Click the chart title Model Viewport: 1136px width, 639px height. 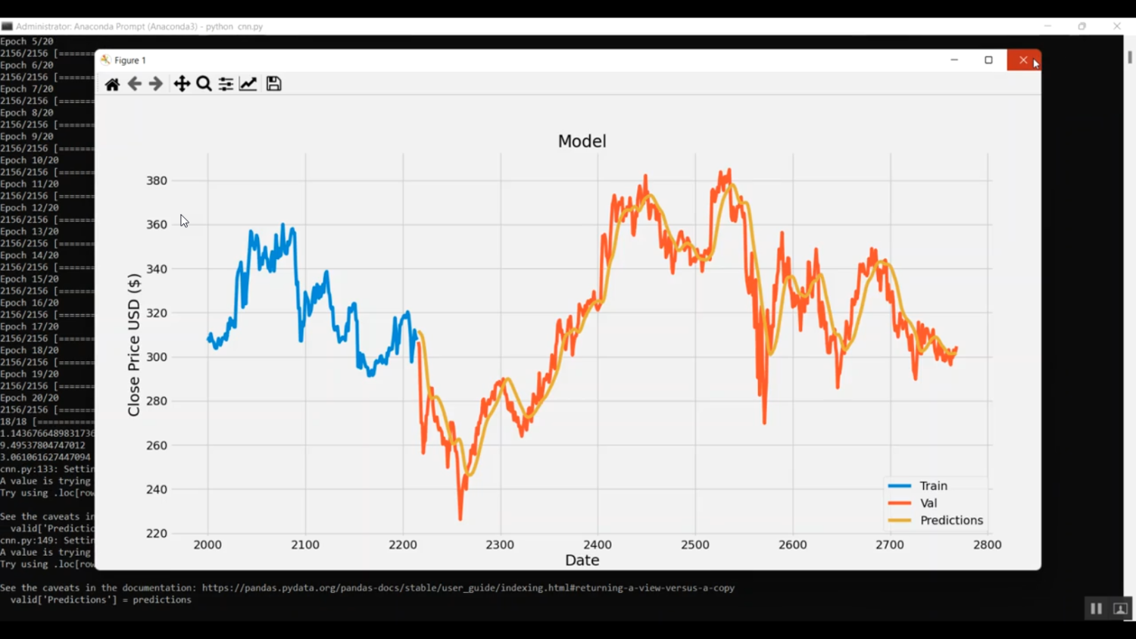coord(582,142)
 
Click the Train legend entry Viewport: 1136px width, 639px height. coord(933,486)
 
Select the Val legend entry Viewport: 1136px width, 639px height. coord(928,503)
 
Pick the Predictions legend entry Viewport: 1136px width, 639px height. coord(951,521)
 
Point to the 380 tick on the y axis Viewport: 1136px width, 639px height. coord(157,181)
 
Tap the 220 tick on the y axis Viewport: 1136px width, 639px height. coord(157,534)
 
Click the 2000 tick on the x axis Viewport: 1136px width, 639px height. coord(208,545)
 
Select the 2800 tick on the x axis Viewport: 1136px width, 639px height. coord(988,545)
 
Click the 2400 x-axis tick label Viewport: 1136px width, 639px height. coord(598,545)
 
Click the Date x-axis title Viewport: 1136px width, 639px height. coord(582,561)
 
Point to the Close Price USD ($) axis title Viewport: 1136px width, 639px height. coord(134,344)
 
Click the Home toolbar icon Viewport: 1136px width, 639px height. coord(112,84)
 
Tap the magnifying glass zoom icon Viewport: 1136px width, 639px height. coord(204,84)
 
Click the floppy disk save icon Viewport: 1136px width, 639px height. coord(273,84)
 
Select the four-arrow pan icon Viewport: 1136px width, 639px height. coord(182,84)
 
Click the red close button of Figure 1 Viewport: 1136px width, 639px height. coord(1023,60)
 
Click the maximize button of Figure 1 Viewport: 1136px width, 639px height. coord(988,60)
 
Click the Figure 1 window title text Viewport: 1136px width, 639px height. coord(130,61)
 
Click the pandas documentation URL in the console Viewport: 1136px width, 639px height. coord(468,588)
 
